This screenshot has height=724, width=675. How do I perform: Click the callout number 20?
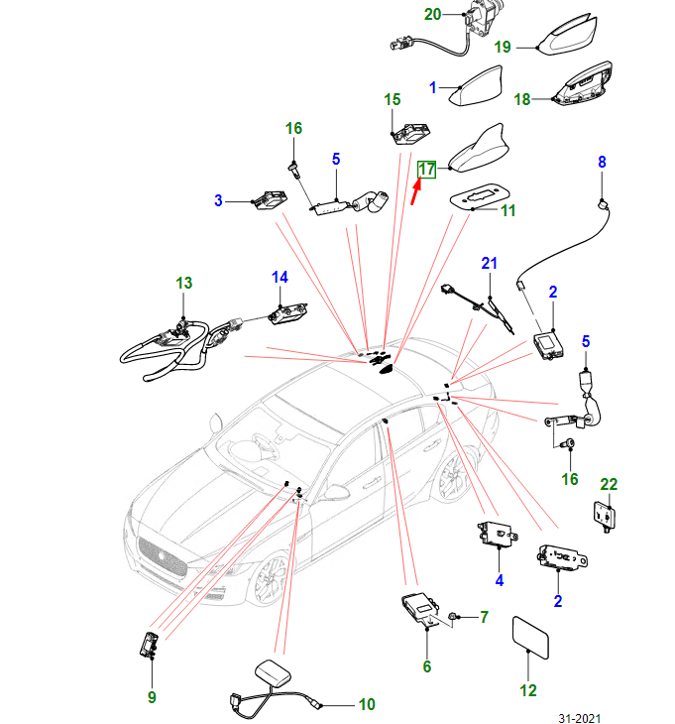click(432, 14)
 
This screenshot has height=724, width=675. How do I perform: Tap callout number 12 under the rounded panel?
click(528, 690)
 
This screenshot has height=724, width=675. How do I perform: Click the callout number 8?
click(602, 161)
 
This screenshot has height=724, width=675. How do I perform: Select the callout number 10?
click(367, 705)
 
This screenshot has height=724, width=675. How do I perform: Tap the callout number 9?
click(152, 697)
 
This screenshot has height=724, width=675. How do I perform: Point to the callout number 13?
click(184, 284)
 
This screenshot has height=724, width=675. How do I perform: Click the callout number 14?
click(281, 277)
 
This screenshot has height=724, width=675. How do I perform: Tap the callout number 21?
click(488, 262)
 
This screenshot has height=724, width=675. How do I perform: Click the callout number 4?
click(499, 579)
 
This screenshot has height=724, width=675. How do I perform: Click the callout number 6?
click(427, 666)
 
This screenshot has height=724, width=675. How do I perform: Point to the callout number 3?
click(218, 201)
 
